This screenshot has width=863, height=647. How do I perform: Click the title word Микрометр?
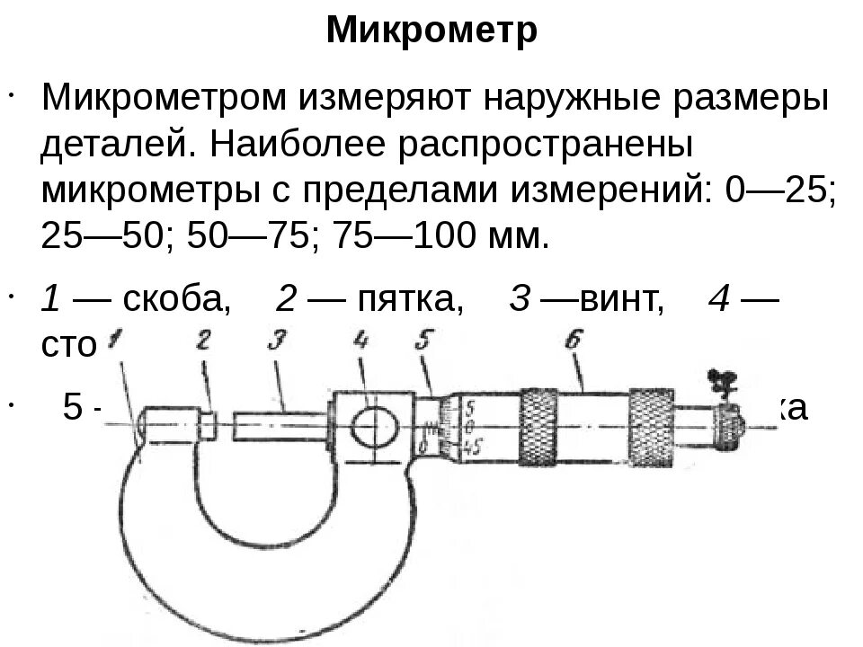(431, 31)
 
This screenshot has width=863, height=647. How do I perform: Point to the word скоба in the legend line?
(176, 298)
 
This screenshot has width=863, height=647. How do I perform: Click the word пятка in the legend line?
(411, 298)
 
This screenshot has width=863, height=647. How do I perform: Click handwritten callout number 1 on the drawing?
(114, 341)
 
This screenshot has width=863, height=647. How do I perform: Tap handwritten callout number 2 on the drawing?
(204, 341)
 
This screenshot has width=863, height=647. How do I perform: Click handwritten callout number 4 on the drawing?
(361, 340)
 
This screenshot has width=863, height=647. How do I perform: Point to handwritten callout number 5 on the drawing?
(425, 341)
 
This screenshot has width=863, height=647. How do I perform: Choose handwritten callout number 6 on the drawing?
(572, 340)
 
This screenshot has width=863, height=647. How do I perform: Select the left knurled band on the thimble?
(538, 425)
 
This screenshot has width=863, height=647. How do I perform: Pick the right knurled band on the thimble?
(652, 425)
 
